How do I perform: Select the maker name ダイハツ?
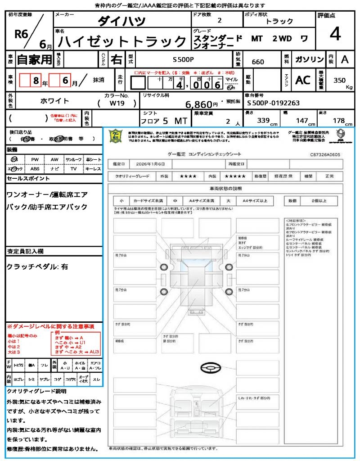(x=121, y=21)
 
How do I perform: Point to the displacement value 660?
(x=258, y=62)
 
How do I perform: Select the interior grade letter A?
(x=345, y=59)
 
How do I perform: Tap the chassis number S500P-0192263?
(x=273, y=103)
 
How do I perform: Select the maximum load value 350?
(x=340, y=80)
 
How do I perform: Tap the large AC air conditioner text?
(x=303, y=80)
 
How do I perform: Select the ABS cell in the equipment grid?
(x=35, y=169)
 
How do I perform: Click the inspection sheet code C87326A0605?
(x=325, y=154)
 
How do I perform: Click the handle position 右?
(x=116, y=59)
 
